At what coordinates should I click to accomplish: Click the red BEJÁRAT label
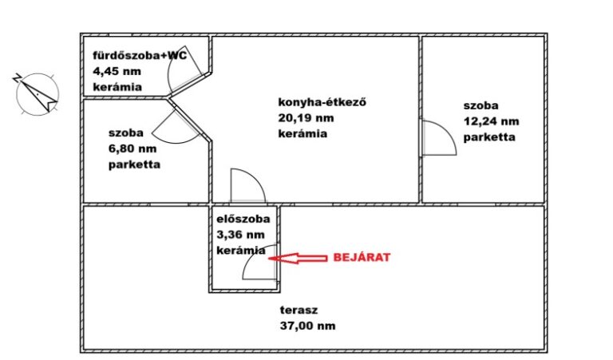point(362,257)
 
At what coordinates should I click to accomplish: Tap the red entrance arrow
point(298,258)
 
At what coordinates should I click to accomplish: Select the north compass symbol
point(37,94)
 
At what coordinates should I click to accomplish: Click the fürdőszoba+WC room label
point(140,56)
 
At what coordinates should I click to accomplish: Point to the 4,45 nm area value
point(117,71)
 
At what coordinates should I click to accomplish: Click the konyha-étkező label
point(322,102)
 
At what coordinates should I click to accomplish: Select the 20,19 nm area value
point(306,117)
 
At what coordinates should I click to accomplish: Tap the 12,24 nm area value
point(492,121)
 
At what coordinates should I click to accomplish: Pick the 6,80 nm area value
point(132,148)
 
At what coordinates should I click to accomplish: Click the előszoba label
point(243,219)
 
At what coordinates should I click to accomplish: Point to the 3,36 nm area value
point(240,235)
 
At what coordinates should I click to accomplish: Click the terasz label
point(299,310)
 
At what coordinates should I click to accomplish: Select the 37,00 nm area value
point(307,326)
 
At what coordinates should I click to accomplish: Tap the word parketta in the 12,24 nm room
point(489,137)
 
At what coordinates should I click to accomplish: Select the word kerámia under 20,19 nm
point(303,133)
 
